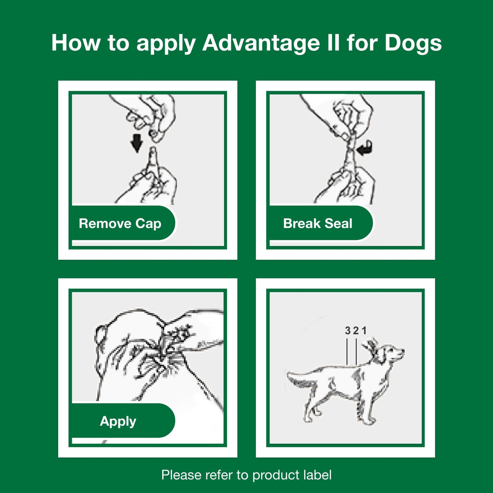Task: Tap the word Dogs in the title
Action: click(413, 43)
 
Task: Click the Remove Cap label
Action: click(120, 223)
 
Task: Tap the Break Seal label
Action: click(318, 223)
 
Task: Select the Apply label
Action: click(118, 421)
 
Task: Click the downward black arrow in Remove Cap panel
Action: click(138, 143)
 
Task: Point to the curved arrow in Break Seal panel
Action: click(365, 147)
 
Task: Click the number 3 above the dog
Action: click(348, 331)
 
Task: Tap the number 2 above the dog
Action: click(356, 331)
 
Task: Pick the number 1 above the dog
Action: click(364, 331)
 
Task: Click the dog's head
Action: click(391, 355)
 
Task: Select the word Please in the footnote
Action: click(182, 475)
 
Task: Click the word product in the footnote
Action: click(276, 475)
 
